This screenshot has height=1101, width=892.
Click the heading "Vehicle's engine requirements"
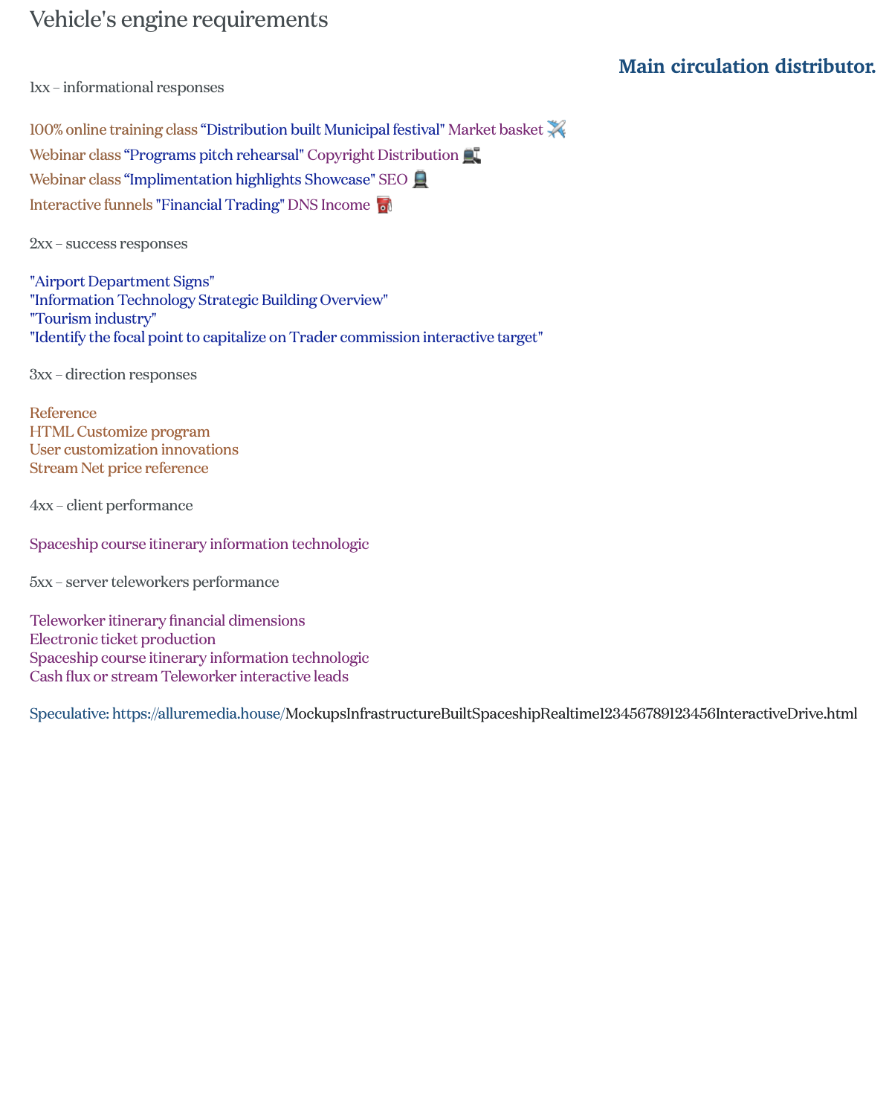(178, 20)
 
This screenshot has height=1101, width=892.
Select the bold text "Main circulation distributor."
(746, 67)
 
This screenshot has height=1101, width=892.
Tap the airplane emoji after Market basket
(556, 129)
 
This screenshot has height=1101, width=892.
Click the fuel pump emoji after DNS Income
(384, 205)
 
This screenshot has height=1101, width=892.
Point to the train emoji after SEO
(420, 179)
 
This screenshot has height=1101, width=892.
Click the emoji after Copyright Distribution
(471, 155)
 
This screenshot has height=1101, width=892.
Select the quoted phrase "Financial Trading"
(220, 205)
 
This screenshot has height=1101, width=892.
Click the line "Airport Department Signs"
(122, 281)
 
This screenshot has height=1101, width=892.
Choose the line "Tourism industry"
(93, 318)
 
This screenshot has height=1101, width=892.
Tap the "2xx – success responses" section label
(109, 244)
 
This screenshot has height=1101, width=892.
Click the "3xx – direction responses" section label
(113, 374)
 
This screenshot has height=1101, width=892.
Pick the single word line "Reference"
(63, 413)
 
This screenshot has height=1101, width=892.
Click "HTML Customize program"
(120, 431)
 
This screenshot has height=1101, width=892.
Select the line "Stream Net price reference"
(119, 468)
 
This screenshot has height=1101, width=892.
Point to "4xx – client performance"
(111, 506)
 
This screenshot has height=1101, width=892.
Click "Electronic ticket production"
(123, 639)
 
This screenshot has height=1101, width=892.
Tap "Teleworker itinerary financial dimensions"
(167, 620)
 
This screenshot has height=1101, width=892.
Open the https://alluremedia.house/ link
(198, 714)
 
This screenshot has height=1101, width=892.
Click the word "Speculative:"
(69, 714)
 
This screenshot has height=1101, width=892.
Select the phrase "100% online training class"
(113, 129)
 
